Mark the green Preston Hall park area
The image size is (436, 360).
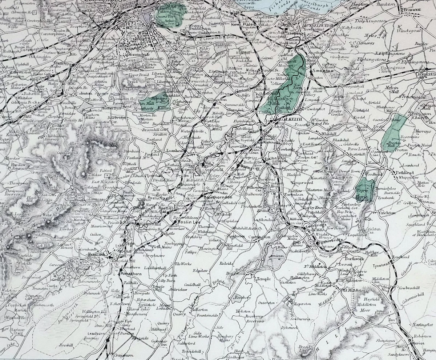[x=393, y=133]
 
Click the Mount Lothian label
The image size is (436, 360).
[x=165, y=307]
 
